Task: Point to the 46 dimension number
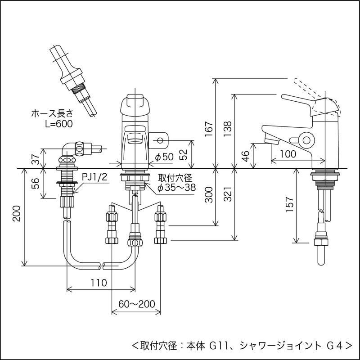(245, 156)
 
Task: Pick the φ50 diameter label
(164, 157)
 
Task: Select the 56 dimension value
(35, 183)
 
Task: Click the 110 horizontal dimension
(98, 283)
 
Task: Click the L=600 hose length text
(58, 123)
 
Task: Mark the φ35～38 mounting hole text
(176, 188)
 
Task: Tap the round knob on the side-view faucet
(307, 140)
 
